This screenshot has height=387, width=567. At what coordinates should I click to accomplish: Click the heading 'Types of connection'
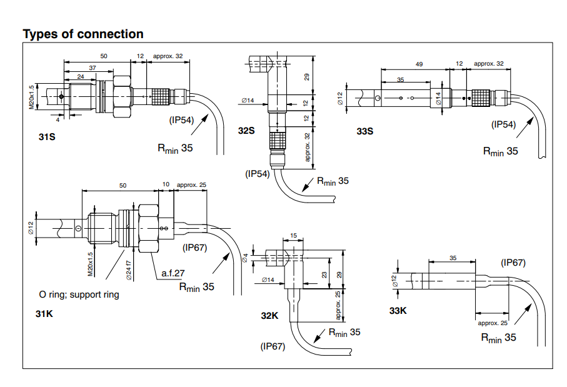tap(83, 34)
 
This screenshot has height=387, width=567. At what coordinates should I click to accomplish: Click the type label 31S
tap(47, 136)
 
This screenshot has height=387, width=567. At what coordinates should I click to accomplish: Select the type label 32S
tap(246, 131)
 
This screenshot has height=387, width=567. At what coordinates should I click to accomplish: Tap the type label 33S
tap(364, 131)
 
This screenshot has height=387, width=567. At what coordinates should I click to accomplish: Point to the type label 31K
tap(44, 314)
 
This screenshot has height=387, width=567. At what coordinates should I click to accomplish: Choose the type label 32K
tap(269, 316)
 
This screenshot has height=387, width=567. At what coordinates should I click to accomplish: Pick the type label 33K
tap(398, 311)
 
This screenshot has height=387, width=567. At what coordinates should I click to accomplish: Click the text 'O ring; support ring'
tap(79, 294)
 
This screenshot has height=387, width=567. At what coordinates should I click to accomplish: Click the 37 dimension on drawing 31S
tap(93, 68)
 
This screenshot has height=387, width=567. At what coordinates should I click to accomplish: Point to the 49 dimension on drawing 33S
tap(419, 64)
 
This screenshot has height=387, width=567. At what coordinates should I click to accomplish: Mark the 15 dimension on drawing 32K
tap(294, 236)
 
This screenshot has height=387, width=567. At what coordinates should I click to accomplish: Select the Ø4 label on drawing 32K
tap(246, 257)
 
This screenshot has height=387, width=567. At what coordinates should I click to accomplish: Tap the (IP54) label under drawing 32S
tap(258, 174)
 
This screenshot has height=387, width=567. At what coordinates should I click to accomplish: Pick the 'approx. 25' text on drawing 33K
tap(493, 323)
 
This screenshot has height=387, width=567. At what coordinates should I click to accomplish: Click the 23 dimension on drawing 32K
tap(324, 273)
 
